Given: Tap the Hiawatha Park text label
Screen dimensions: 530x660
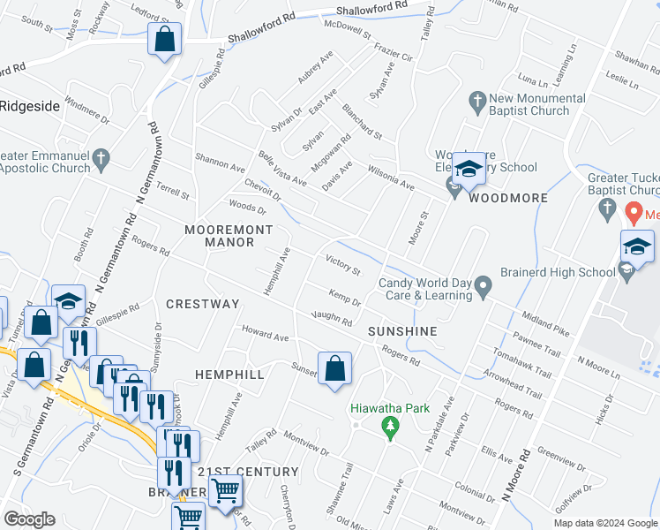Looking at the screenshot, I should [x=389, y=409].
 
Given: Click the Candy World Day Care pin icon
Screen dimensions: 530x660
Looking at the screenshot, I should [x=483, y=287].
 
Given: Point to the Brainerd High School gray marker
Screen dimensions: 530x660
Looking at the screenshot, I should [x=626, y=273].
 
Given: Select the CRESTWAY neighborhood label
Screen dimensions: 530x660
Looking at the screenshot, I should [x=203, y=304].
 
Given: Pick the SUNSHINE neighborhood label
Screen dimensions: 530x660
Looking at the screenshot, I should [x=402, y=331].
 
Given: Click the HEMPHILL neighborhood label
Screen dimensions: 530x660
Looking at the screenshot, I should [x=229, y=375].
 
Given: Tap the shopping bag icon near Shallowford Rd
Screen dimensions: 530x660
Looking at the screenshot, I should [x=164, y=40].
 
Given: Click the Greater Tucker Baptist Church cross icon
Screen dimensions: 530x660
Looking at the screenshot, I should [x=606, y=209].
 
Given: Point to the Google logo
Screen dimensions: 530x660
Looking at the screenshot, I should [x=29, y=519].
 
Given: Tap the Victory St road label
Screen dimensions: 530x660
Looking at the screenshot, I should [x=343, y=264].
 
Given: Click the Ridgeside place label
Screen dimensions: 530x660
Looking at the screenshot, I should [x=29, y=106].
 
